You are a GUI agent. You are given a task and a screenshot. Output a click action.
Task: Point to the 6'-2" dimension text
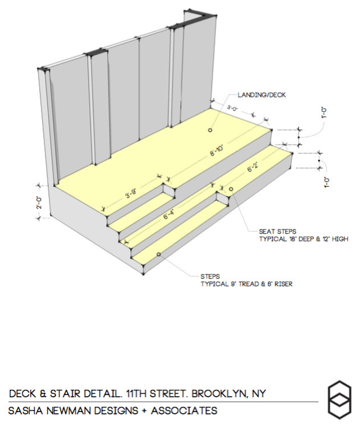(252, 168)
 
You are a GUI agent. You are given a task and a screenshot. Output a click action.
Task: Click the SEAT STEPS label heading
(277, 232)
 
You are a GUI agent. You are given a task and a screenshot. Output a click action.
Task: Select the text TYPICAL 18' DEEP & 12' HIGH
(303, 240)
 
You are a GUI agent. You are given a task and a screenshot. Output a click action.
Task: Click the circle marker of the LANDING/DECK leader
(210, 130)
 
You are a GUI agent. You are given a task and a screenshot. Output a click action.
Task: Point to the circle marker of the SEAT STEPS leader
(231, 188)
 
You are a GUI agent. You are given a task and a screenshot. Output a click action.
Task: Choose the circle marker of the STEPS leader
(158, 254)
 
